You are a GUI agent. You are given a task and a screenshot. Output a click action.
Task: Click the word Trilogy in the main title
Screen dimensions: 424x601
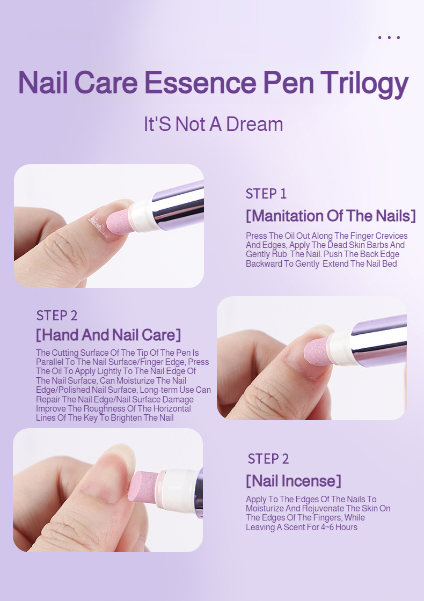(364, 83)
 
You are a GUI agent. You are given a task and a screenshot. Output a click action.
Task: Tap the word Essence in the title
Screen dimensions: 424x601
(200, 83)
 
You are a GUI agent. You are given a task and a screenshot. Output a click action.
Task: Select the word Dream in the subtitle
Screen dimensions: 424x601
(254, 124)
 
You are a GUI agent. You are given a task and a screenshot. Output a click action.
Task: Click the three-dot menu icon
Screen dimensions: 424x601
(389, 38)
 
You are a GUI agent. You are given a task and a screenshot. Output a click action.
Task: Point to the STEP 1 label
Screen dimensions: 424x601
(266, 194)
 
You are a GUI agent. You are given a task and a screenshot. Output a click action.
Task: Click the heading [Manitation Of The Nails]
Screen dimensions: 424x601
(331, 216)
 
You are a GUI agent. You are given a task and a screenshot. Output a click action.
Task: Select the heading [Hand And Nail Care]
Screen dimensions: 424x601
(108, 335)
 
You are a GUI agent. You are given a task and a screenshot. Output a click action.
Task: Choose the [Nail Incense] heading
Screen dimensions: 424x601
(293, 481)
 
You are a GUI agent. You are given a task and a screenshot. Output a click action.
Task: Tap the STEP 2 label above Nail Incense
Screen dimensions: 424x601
(268, 459)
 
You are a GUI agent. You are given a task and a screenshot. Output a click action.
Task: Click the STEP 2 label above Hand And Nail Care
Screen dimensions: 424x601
(57, 316)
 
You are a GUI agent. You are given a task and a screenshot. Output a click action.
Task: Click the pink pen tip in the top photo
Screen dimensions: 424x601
(118, 222)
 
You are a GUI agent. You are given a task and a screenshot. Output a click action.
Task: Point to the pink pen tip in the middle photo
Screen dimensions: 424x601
(317, 350)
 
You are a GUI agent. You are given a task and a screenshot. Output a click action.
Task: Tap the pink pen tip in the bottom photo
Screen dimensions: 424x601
(143, 486)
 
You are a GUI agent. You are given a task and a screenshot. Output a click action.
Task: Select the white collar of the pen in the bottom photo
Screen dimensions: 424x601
(178, 490)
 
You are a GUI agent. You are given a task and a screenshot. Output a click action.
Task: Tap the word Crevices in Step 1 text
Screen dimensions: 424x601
(391, 236)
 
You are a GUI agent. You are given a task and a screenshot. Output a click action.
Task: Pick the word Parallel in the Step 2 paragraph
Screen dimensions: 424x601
(50, 362)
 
